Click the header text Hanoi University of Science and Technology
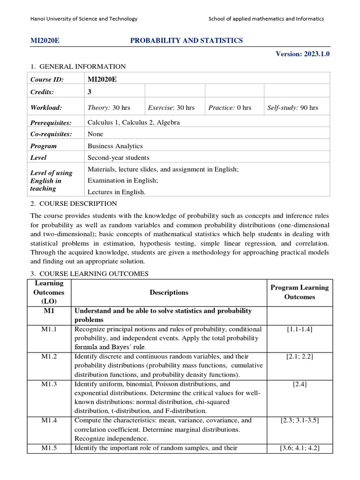pyautogui.click(x=84, y=19)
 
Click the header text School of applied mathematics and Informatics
pyautogui.click(x=266, y=19)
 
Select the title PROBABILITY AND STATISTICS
pyautogui.click(x=186, y=41)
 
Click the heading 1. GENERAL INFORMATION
pyautogui.click(x=78, y=67)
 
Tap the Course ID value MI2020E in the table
pyautogui.click(x=102, y=79)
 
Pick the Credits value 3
pyautogui.click(x=90, y=92)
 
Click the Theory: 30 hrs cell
pyautogui.click(x=109, y=108)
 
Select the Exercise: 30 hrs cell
pyautogui.click(x=171, y=108)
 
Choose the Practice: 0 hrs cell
pyautogui.click(x=230, y=108)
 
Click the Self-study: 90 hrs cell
pyautogui.click(x=292, y=108)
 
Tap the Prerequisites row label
pyautogui.click(x=51, y=123)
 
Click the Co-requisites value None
pyautogui.click(x=96, y=134)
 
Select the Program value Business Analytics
pyautogui.click(x=115, y=146)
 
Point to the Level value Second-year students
pyautogui.click(x=119, y=158)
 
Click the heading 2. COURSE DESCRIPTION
pyautogui.click(x=74, y=204)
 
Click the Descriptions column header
pyautogui.click(x=169, y=292)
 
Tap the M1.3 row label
pyautogui.click(x=49, y=384)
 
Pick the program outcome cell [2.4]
pyautogui.click(x=300, y=384)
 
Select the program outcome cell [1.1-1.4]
pyautogui.click(x=300, y=330)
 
